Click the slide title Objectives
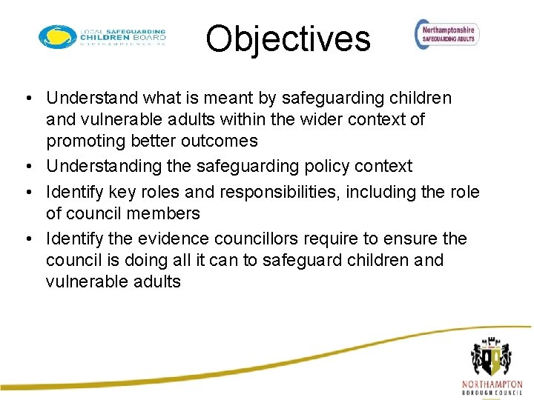288,39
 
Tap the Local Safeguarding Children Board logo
102,37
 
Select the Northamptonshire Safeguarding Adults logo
447,34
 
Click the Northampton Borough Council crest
491,356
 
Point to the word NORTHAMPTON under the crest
492,384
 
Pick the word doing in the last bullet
156,260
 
